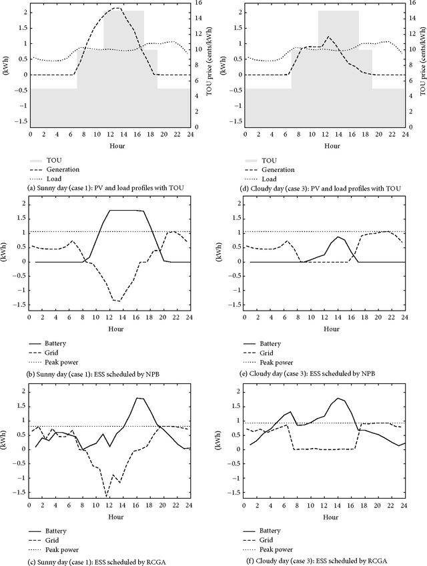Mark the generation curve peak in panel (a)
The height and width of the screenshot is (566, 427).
pos(116,8)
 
